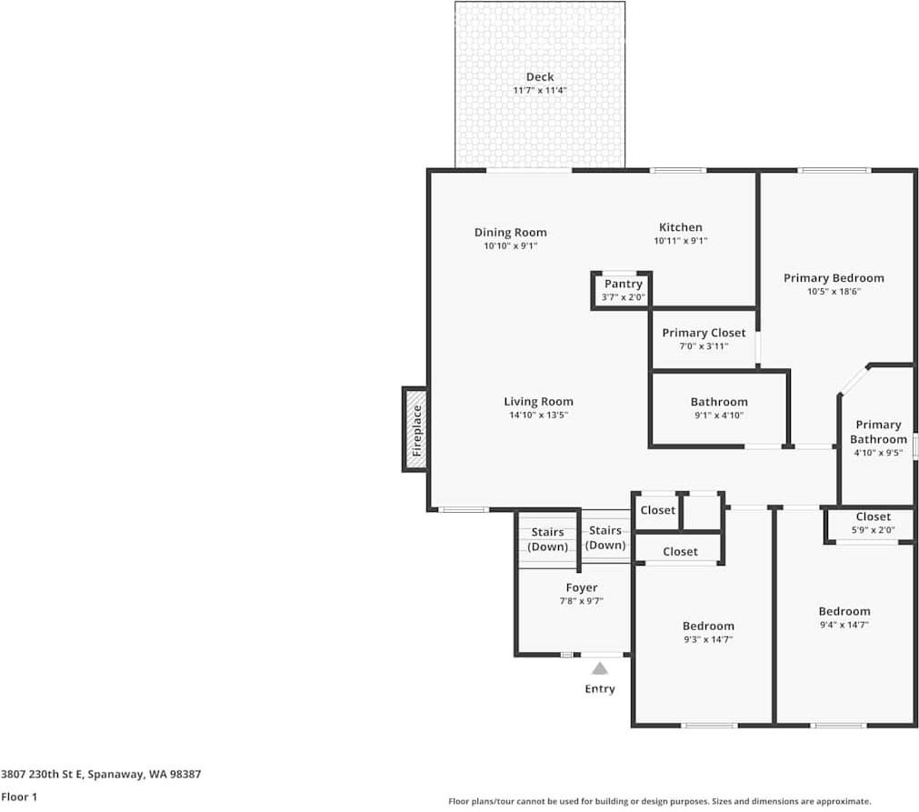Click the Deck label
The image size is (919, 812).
click(540, 76)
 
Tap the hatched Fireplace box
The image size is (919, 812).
click(415, 430)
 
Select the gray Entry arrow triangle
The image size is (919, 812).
click(599, 668)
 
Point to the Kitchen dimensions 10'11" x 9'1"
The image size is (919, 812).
click(681, 241)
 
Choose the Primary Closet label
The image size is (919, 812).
click(704, 333)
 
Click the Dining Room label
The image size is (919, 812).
click(511, 232)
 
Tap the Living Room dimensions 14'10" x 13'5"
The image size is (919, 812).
click(539, 416)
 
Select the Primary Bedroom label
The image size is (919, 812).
click(834, 278)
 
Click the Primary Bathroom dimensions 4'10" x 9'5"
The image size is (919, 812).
click(878, 453)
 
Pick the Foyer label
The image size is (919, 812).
click(582, 587)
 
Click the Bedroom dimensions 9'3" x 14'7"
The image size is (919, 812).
click(708, 639)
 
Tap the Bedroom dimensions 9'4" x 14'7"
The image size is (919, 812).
click(844, 625)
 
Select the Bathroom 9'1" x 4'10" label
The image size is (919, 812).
click(719, 402)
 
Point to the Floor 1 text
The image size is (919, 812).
click(19, 797)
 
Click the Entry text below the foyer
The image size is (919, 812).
click(600, 689)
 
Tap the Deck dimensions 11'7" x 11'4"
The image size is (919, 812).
click(540, 91)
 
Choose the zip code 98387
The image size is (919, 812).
click(185, 774)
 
